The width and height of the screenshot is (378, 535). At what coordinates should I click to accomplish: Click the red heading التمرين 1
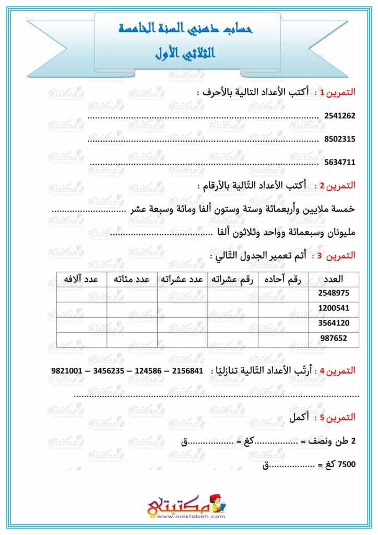338,92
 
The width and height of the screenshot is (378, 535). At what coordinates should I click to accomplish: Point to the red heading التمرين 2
338,185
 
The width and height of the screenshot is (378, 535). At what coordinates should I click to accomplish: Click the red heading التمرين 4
338,370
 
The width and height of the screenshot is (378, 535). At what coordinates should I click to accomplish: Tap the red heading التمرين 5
338,417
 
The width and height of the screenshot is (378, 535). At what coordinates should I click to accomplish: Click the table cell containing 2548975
334,293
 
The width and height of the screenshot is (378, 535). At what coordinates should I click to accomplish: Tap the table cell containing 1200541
334,308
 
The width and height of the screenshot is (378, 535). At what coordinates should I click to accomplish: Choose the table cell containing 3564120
334,323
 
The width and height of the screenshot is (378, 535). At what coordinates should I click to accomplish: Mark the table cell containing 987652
334,339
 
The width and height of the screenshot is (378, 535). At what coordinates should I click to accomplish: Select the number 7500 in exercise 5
347,463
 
